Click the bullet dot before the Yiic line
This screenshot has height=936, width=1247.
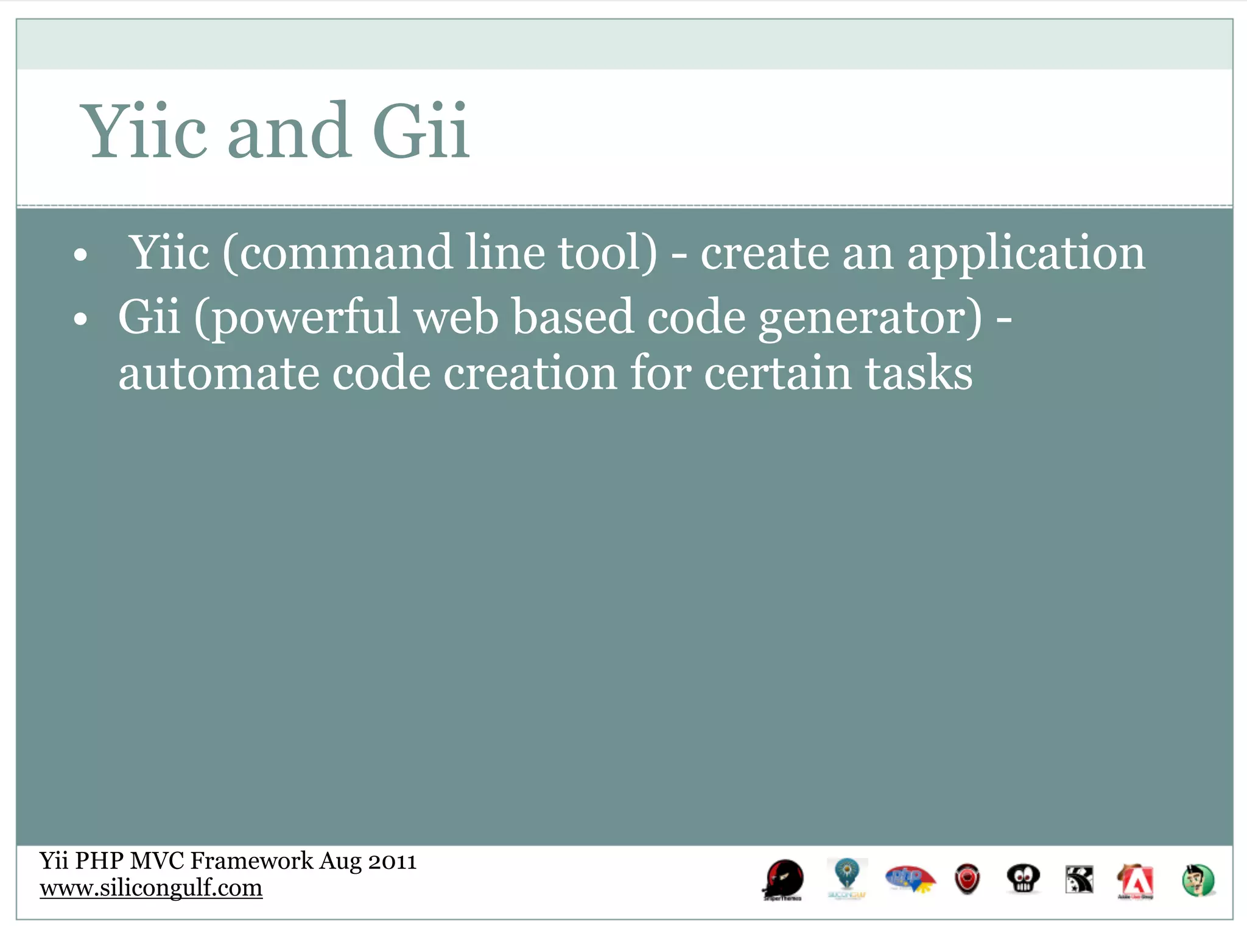[80, 256]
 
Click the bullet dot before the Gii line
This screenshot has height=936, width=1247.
[80, 319]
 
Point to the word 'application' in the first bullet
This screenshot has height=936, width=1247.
[1026, 253]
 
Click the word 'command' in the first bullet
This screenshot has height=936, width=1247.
[346, 252]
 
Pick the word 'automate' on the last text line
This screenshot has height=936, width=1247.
[219, 374]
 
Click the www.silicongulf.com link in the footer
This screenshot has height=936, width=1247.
[151, 888]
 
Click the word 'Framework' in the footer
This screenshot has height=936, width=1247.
[251, 860]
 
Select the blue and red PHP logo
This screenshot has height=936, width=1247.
[910, 879]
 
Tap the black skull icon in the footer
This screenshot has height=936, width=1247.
[1023, 879]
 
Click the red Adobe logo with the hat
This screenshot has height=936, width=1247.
[1136, 881]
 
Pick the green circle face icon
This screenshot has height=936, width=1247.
[1198, 881]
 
